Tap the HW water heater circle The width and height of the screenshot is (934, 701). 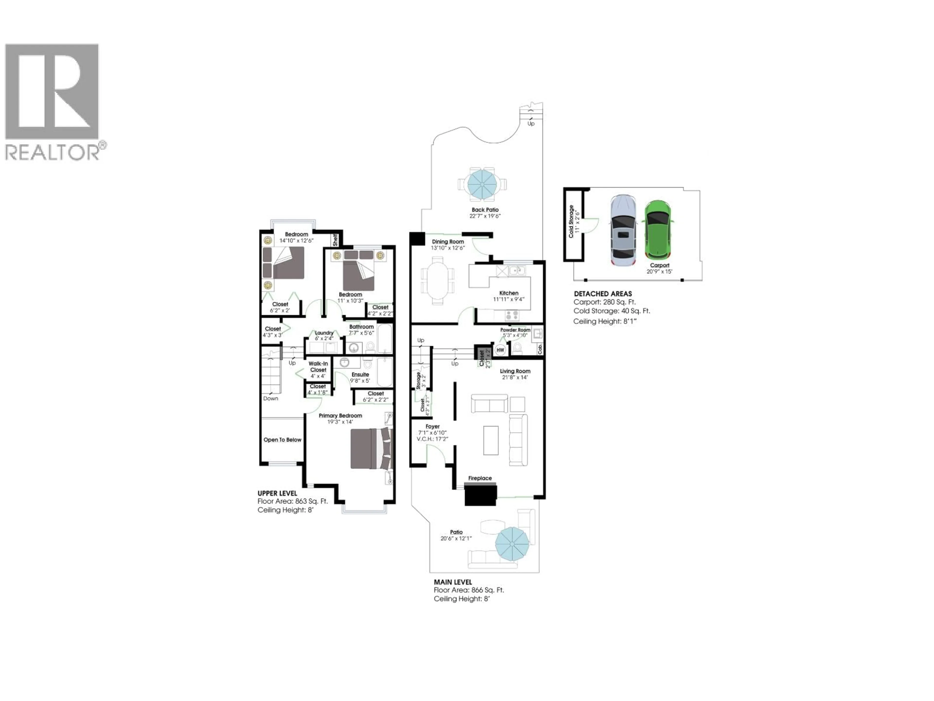pyautogui.click(x=500, y=350)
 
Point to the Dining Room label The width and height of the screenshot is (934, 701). pyautogui.click(x=448, y=242)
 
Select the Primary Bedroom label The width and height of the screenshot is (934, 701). pyautogui.click(x=340, y=415)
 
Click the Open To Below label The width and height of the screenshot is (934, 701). pyautogui.click(x=282, y=440)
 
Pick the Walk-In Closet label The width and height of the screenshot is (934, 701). pyautogui.click(x=318, y=366)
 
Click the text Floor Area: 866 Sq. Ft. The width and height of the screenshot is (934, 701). pyautogui.click(x=469, y=590)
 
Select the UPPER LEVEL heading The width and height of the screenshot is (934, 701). pyautogui.click(x=278, y=493)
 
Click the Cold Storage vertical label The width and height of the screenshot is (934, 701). pyautogui.click(x=571, y=221)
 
